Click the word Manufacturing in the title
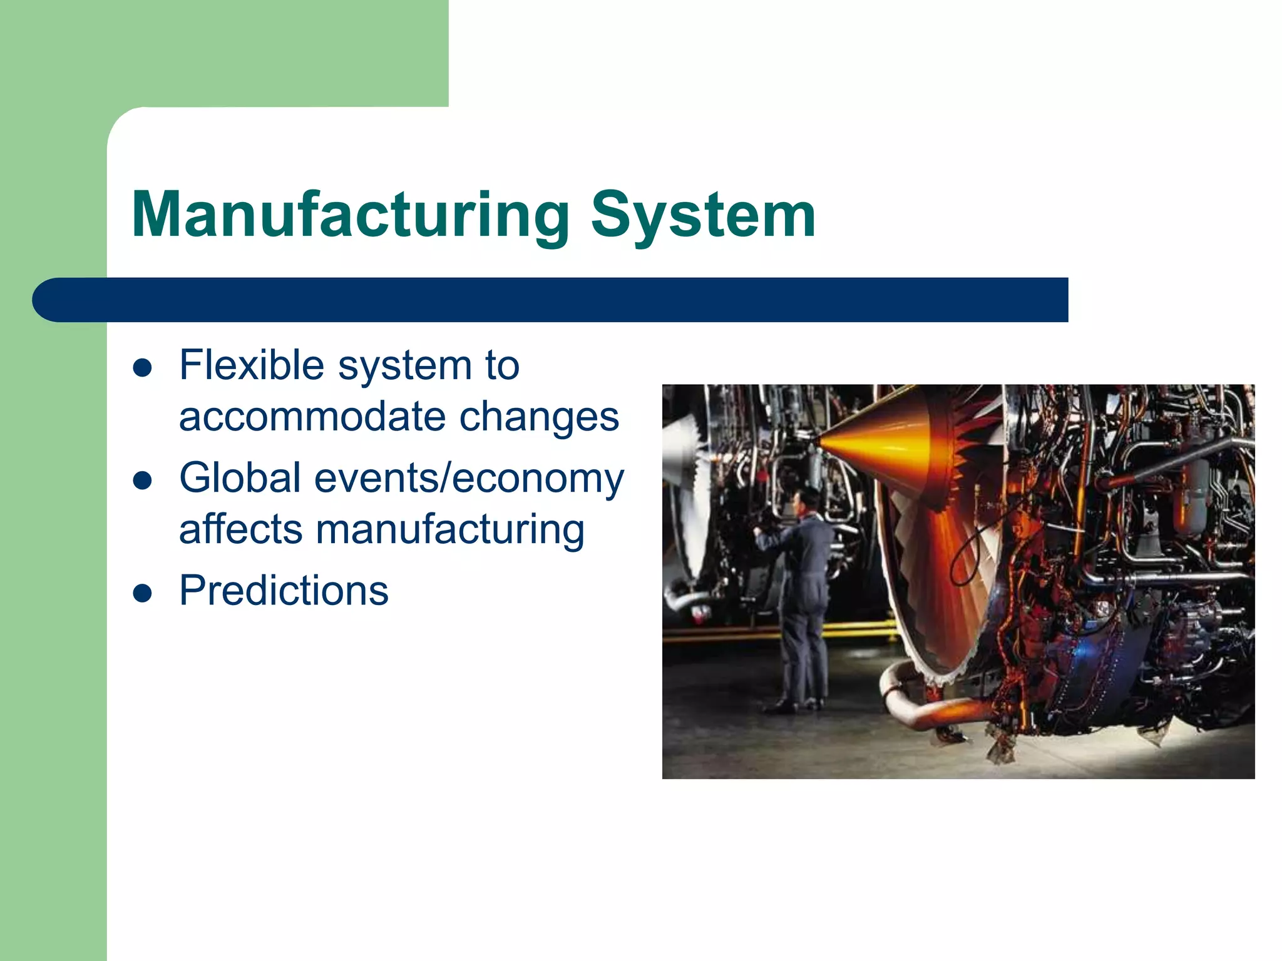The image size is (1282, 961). (x=351, y=216)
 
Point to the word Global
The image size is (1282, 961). (x=240, y=478)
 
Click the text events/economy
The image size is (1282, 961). (x=469, y=479)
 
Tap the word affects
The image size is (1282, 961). (x=241, y=529)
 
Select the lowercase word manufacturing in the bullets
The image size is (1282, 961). (x=450, y=531)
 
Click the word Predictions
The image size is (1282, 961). (x=284, y=591)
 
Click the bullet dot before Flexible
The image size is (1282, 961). (x=143, y=368)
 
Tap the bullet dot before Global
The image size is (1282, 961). (x=143, y=480)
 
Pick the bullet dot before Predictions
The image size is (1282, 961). (x=143, y=593)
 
